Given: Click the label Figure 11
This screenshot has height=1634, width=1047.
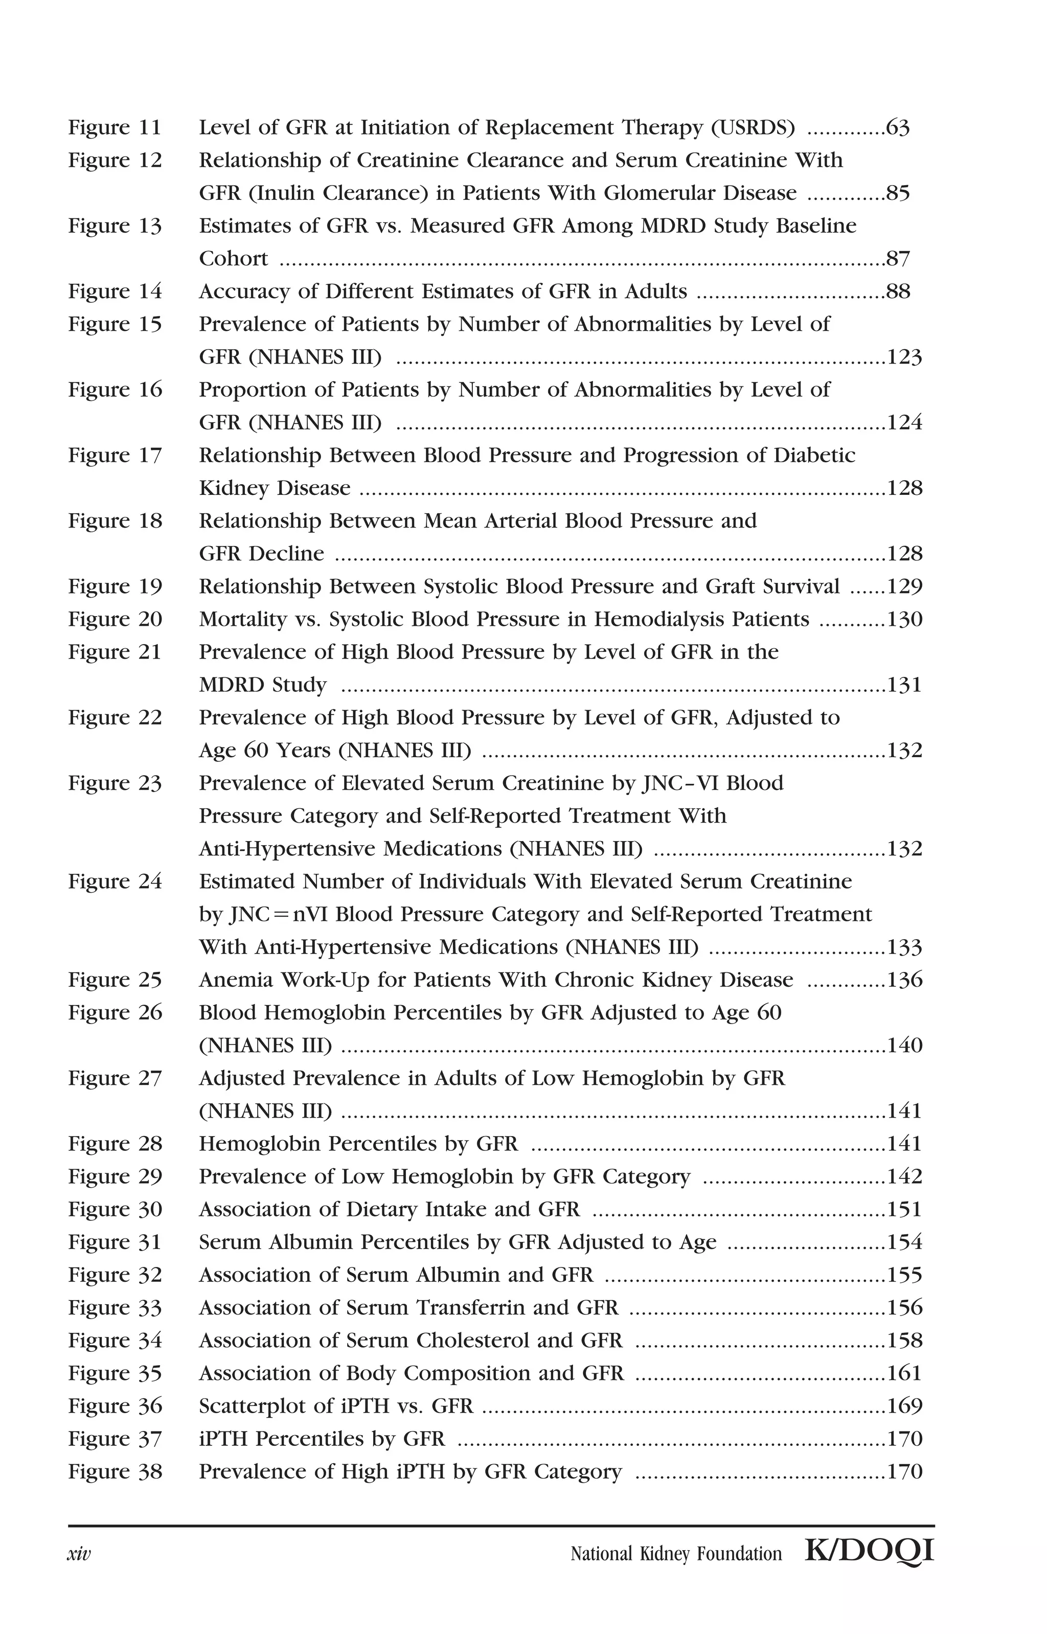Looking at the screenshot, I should (115, 128).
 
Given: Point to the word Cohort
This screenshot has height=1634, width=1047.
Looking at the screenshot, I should (233, 259).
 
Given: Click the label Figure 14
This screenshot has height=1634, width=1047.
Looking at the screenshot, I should (115, 291).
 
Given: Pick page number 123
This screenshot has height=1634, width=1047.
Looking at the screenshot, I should (904, 357).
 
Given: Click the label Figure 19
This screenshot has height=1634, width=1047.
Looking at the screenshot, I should (115, 586).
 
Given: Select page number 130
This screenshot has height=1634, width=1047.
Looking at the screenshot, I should (904, 620).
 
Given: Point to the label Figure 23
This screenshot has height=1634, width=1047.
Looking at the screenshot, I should (115, 784).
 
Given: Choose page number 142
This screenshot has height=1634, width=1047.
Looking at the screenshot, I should (904, 1176).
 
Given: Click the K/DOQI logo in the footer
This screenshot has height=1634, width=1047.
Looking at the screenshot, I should (869, 1552).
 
